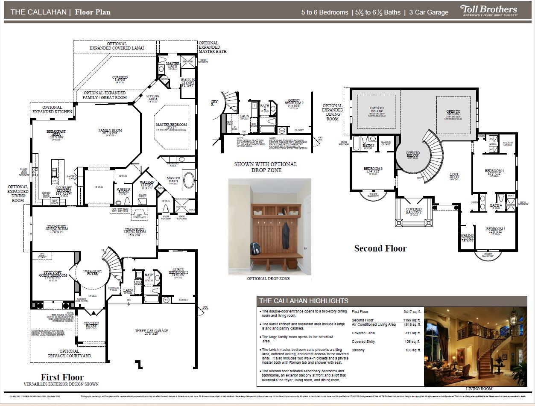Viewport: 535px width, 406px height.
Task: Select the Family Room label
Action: click(x=110, y=132)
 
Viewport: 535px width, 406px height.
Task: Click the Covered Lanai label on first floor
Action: click(x=120, y=79)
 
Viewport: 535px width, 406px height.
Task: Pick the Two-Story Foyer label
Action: click(x=92, y=273)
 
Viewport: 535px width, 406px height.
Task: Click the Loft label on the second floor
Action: click(x=454, y=175)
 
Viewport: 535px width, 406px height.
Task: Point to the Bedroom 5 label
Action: click(x=495, y=231)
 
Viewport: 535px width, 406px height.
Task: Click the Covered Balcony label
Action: click(x=413, y=211)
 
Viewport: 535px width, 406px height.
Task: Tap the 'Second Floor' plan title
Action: click(x=380, y=248)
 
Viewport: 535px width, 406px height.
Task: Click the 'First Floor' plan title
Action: click(x=62, y=377)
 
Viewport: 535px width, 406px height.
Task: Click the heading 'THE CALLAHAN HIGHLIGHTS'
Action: click(x=304, y=301)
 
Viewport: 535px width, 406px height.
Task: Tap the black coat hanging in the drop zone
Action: click(x=286, y=234)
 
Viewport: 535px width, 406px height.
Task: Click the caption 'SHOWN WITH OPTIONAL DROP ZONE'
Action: click(x=265, y=167)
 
